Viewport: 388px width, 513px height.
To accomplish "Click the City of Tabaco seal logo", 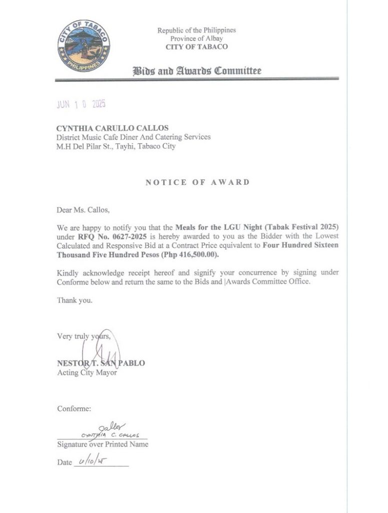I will (x=84, y=47).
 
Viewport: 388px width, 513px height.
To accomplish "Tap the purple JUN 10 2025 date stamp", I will (x=80, y=105).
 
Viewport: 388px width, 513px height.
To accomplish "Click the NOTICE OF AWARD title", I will (x=197, y=182).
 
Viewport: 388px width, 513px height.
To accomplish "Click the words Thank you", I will (x=74, y=301).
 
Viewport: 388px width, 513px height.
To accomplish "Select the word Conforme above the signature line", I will (x=74, y=409).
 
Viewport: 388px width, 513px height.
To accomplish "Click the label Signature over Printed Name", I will (x=102, y=444).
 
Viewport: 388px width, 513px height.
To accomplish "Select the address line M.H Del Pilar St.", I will (x=116, y=147).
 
